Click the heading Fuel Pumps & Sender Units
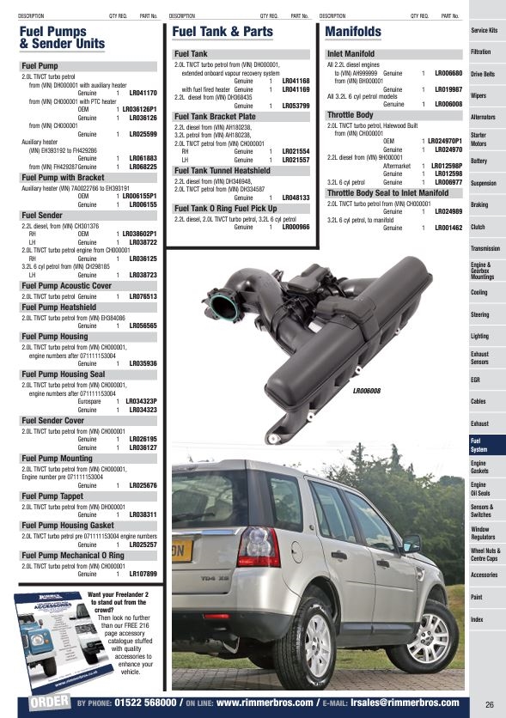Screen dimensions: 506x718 point(62,38)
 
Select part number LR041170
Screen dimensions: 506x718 point(143,92)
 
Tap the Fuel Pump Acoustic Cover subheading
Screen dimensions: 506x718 point(67,285)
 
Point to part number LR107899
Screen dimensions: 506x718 point(143,574)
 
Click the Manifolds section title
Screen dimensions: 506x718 point(354,32)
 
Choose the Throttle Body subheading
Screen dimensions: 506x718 point(351,114)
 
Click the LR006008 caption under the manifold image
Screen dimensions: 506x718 point(367,391)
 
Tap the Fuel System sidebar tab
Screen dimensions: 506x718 point(479,445)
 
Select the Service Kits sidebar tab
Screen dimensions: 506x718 point(485,31)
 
